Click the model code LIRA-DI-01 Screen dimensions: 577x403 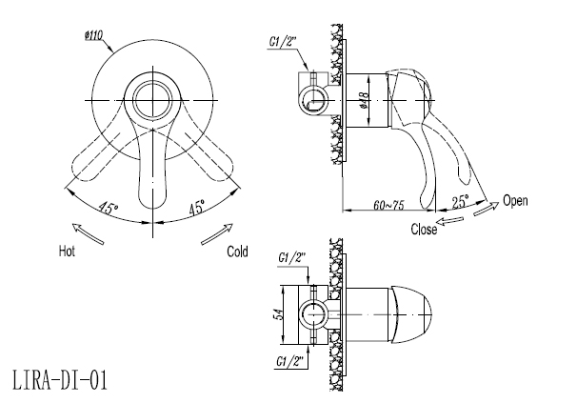[x=60, y=380]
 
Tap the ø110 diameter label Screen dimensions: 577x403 [x=93, y=36]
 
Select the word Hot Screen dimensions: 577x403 [x=67, y=252]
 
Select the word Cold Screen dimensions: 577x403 [x=237, y=252]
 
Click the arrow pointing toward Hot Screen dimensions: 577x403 [x=88, y=233]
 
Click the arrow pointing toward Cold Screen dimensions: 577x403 [x=217, y=234]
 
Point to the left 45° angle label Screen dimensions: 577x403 [x=108, y=209]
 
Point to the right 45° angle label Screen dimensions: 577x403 [x=196, y=208]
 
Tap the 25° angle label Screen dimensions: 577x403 [x=460, y=202]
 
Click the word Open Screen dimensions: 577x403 [x=515, y=201]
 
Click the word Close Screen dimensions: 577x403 [x=424, y=229]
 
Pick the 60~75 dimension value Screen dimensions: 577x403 [x=389, y=205]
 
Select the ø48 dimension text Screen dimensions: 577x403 [x=365, y=101]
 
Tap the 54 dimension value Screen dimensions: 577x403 [x=279, y=314]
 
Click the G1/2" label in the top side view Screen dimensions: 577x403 [x=283, y=42]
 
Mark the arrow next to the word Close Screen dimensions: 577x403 [x=449, y=220]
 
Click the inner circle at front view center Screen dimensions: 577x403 [x=152, y=100]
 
